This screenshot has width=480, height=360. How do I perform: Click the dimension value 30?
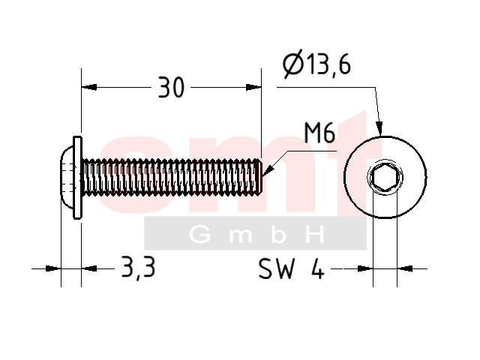point(172,88)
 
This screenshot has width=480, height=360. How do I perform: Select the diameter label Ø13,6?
point(316,64)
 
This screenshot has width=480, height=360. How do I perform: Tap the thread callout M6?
point(319,133)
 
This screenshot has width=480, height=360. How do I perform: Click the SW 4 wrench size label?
point(291,268)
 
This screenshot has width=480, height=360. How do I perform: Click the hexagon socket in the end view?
point(385,178)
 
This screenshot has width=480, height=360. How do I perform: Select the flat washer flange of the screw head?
point(78,178)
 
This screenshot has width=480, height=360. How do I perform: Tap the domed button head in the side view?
point(67,178)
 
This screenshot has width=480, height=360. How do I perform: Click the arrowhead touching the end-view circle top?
point(379,128)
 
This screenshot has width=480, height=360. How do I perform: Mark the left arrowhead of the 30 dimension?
point(89,87)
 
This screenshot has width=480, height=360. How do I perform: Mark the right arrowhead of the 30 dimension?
point(253,87)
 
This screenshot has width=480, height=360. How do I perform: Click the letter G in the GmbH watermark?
point(200,235)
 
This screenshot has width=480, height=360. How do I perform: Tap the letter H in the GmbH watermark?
point(315,235)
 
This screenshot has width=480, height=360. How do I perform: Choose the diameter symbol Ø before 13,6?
point(293,64)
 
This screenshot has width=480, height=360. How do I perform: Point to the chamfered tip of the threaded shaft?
point(259,177)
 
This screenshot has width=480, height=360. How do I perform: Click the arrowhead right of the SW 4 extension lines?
point(405,268)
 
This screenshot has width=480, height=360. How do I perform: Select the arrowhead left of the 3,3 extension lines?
point(53,268)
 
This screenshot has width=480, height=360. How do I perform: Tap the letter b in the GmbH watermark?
point(278,235)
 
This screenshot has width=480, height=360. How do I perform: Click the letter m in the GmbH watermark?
point(239,236)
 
